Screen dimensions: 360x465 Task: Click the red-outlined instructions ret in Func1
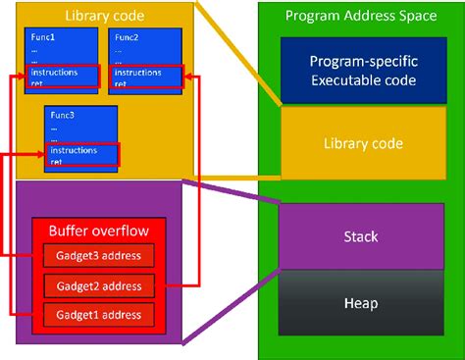click(x=61, y=77)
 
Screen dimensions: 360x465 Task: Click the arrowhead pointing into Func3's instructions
click(x=42, y=153)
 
